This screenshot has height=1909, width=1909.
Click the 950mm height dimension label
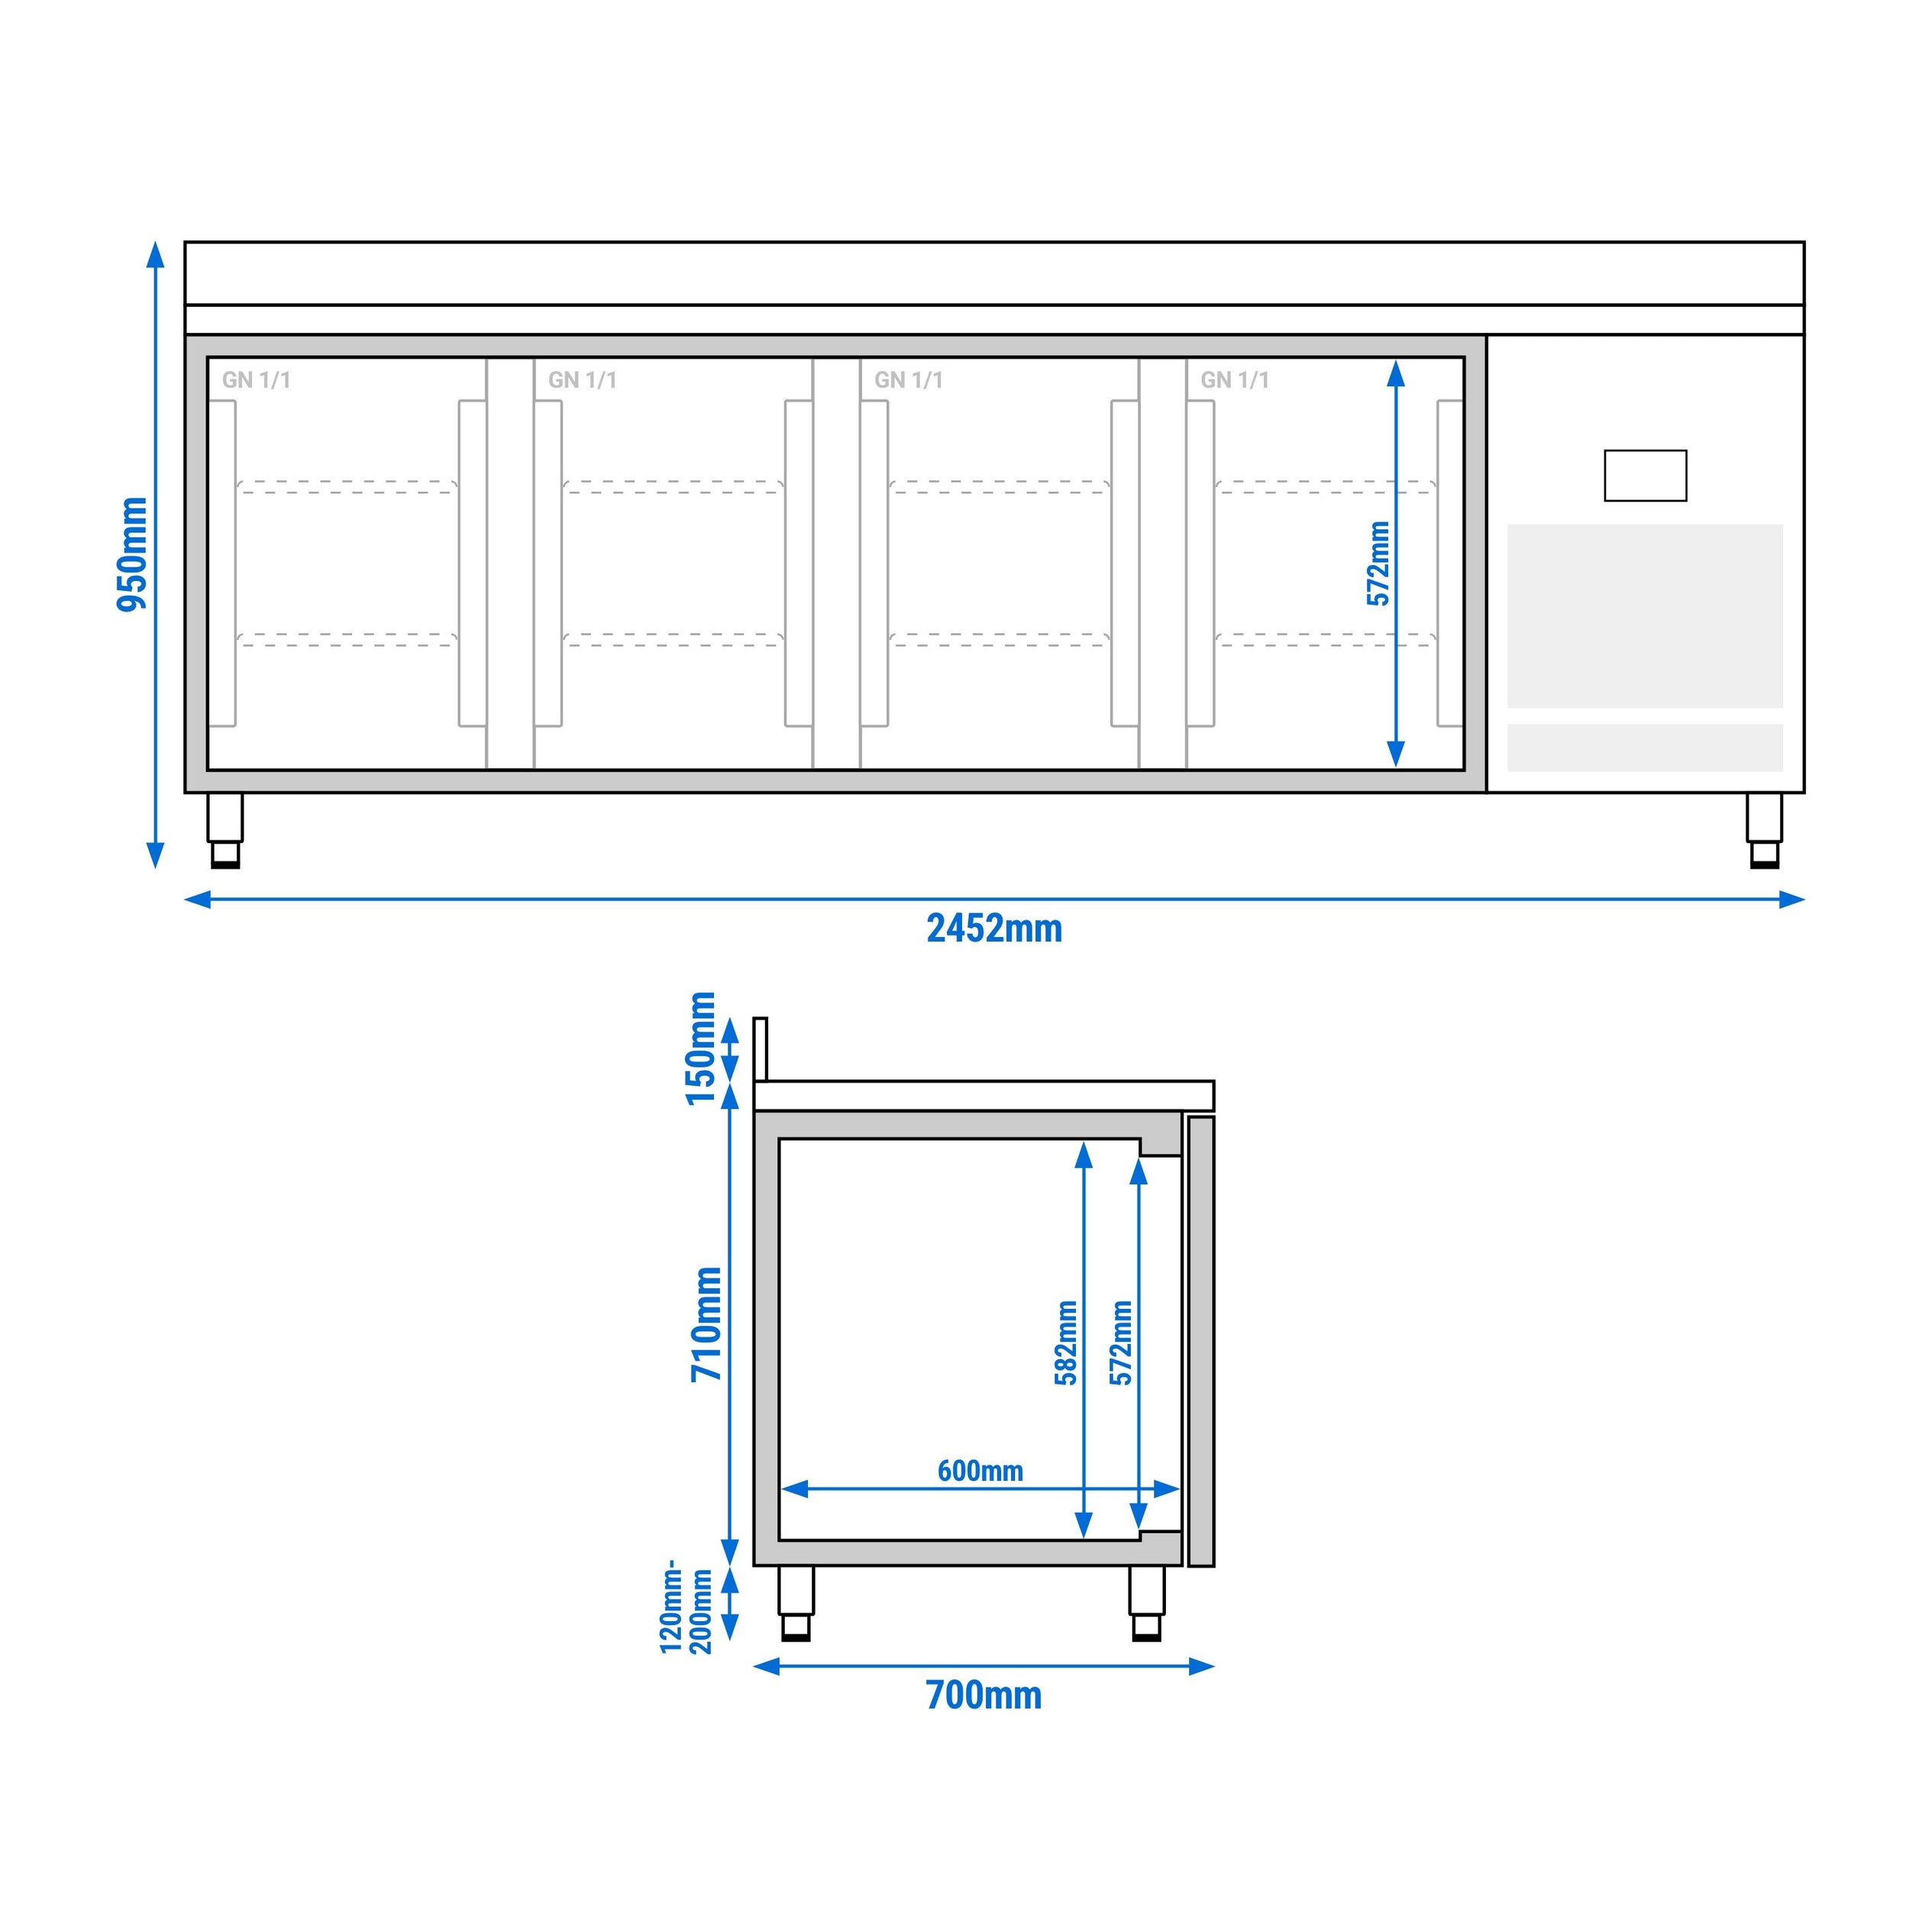tap(131, 554)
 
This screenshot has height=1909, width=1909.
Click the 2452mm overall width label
tap(994, 929)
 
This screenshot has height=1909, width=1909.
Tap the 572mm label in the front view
tap(1378, 564)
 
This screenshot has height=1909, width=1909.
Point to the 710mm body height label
tap(706, 1324)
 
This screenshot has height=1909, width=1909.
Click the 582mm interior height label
tap(1066, 1343)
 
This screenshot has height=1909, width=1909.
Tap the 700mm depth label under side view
tap(984, 1695)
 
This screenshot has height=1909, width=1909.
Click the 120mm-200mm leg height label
tap(686, 1607)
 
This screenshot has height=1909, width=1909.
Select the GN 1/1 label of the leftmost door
tap(256, 380)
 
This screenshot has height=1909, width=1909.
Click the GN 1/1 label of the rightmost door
tap(1234, 380)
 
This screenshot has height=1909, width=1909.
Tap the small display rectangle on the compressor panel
tap(1644, 475)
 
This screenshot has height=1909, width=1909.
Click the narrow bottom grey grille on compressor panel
tap(1644, 748)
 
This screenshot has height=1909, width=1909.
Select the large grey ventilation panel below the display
tap(1644, 615)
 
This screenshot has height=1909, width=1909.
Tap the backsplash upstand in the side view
tap(760, 1048)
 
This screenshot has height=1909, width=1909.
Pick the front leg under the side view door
tap(1146, 1603)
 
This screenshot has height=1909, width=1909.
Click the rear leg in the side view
tap(796, 1603)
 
